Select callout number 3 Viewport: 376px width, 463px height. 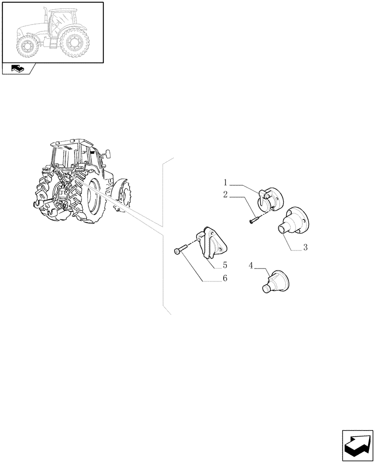tap(305, 248)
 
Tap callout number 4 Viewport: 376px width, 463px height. tap(251, 266)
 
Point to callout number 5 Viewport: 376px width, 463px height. tap(225, 265)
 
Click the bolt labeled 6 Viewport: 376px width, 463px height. tap(180, 250)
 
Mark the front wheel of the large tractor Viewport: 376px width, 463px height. tap(122, 197)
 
